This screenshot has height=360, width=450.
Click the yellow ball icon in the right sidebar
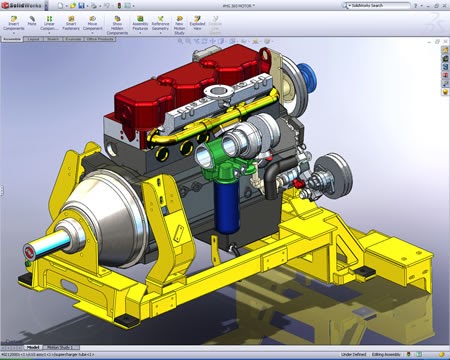coord(444,84)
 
